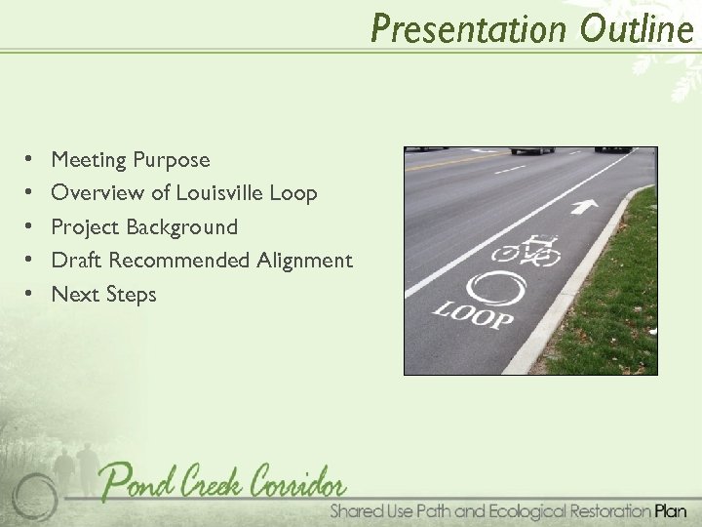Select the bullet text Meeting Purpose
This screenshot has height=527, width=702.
tap(130, 159)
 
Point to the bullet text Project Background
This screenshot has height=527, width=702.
tap(144, 227)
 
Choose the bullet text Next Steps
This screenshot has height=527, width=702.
tap(103, 295)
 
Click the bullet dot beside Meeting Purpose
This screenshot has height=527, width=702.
tap(31, 159)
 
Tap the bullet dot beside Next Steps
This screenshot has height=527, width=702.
tap(31, 295)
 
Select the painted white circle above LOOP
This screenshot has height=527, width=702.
tap(495, 290)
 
